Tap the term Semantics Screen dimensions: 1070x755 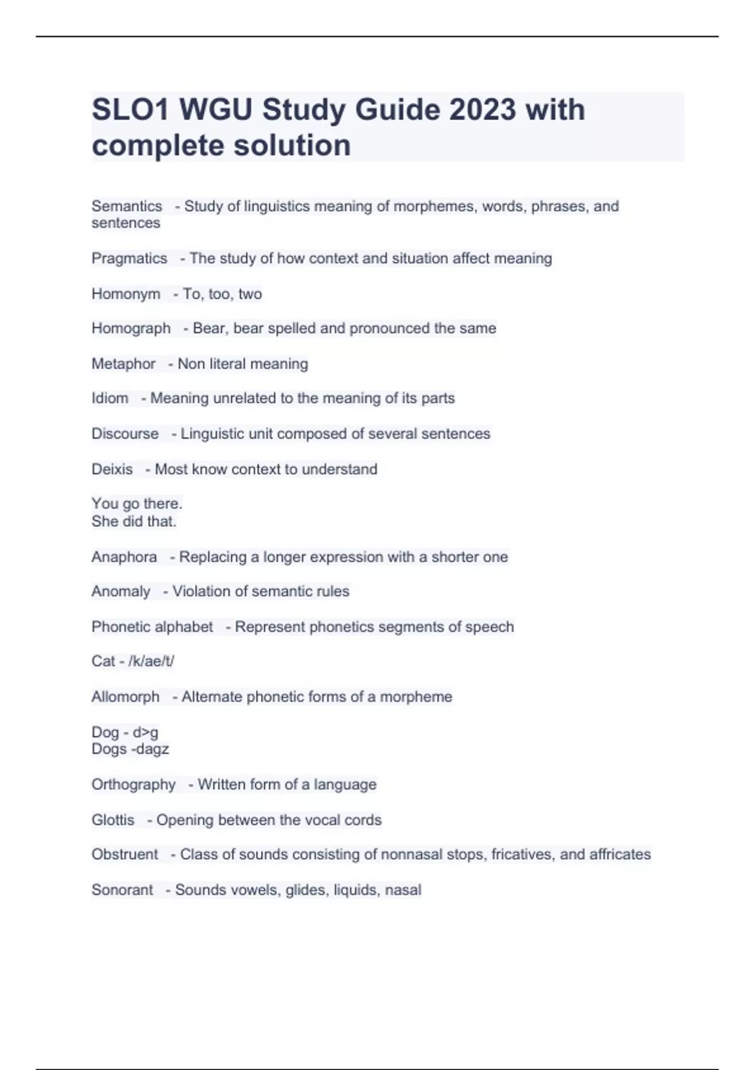[x=126, y=206]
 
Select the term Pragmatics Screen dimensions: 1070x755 [x=129, y=259]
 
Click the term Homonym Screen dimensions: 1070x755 [x=126, y=294]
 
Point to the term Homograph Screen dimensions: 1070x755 [x=131, y=329]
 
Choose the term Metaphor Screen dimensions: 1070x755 [x=123, y=364]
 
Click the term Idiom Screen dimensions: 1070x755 [x=109, y=398]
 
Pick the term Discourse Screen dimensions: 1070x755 [x=125, y=434]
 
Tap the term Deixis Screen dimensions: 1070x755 [x=112, y=470]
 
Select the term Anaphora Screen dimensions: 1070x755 [x=124, y=557]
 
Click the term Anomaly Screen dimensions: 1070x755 [x=121, y=592]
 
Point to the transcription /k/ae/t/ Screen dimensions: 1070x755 [x=151, y=662]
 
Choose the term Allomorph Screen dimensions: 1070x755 [x=125, y=697]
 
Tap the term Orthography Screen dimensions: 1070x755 [x=133, y=785]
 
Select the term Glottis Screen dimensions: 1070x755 [x=113, y=820]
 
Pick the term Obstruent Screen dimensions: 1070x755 [x=125, y=855]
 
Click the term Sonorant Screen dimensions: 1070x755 [x=122, y=890]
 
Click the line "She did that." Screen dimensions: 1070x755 [x=134, y=522]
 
